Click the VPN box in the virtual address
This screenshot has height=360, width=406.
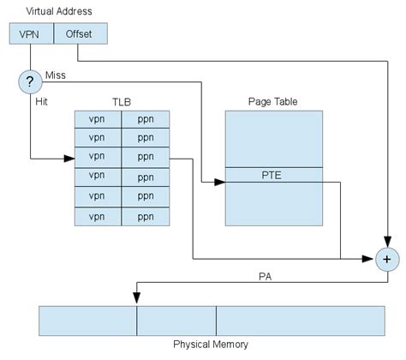point(31,33)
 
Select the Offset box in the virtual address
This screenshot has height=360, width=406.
point(81,33)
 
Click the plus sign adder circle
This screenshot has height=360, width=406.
point(387,257)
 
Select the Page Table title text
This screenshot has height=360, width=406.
point(273,100)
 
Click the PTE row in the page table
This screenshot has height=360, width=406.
point(273,176)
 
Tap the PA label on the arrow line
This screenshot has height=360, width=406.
point(266,278)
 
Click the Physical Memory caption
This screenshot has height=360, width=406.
point(210,344)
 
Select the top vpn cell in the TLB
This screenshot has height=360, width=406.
point(98,120)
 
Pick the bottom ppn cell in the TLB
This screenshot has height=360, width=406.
point(145,217)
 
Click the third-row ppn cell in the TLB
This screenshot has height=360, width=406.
point(145,159)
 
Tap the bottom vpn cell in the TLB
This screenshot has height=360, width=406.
point(98,217)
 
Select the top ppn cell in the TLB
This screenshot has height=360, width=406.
point(145,120)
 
